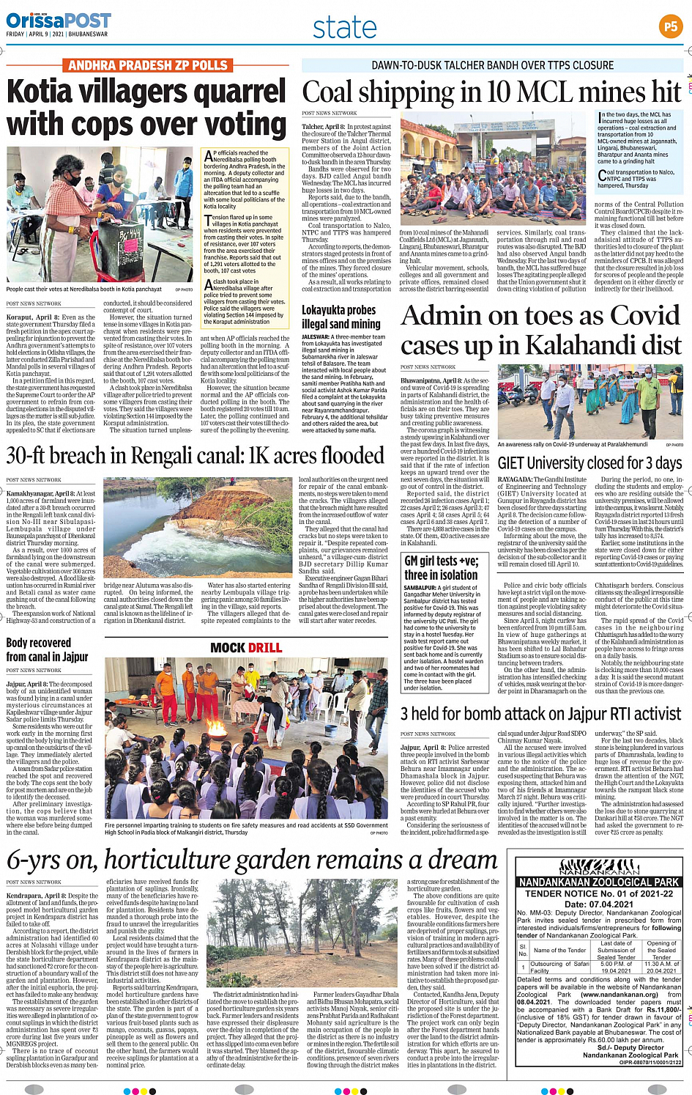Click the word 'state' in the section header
pos(344,28)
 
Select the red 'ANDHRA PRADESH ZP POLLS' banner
pos(147,66)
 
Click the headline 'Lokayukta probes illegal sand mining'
pos(341,317)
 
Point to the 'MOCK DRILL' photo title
pos(246,648)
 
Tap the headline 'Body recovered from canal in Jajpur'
pos(48,649)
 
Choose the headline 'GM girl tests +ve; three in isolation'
pos(442,567)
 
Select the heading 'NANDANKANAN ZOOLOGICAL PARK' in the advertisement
pos(599,882)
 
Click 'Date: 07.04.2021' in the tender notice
pos(599,904)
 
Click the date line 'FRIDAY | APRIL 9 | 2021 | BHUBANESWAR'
pos(56,34)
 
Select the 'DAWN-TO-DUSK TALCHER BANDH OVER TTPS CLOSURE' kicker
pos(492,65)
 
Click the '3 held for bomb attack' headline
pos(469,714)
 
